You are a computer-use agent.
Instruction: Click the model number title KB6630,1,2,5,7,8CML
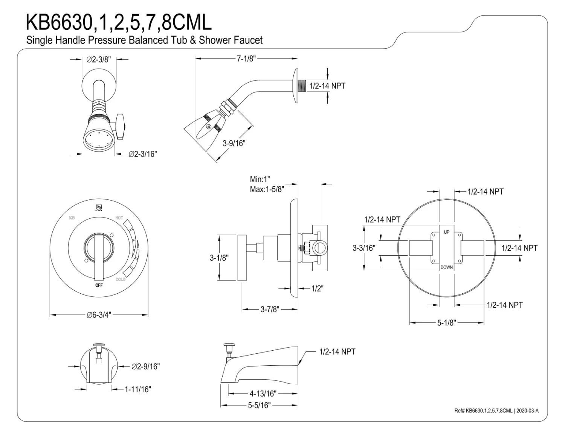[118, 22]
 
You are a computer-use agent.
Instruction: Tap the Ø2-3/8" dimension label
[99, 60]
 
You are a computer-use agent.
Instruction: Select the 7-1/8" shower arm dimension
[246, 58]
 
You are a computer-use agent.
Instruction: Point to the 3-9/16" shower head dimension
[234, 143]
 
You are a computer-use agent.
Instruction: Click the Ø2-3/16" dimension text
[143, 154]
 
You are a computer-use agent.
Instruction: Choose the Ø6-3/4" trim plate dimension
[99, 315]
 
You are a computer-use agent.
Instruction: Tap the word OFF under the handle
[99, 285]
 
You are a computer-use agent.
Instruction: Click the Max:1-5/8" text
[267, 189]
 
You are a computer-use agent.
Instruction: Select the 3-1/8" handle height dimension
[219, 258]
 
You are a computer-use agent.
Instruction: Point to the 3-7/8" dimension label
[270, 310]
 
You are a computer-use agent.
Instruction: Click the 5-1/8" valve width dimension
[447, 323]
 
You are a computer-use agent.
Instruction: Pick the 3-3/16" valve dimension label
[364, 248]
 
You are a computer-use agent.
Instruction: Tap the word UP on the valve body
[447, 232]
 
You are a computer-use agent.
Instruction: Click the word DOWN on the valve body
[447, 267]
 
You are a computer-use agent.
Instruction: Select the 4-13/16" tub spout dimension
[263, 394]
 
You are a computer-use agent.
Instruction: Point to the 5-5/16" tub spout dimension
[259, 406]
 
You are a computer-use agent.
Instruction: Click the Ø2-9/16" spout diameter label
[146, 366]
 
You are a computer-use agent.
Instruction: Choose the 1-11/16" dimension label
[138, 389]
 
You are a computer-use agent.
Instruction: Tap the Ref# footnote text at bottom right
[496, 411]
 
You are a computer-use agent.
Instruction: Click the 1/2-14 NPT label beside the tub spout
[337, 352]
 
